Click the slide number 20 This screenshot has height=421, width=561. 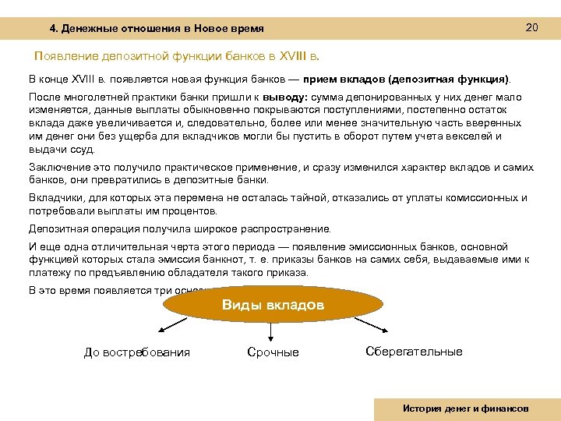coord(532,28)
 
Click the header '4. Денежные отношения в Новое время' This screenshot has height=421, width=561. coord(157,29)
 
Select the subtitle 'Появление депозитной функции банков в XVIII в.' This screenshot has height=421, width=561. coord(177,57)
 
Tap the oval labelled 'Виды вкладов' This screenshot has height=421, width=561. coord(273,305)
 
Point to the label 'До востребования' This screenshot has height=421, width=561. coord(136,352)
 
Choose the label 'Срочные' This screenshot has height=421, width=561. coord(273,352)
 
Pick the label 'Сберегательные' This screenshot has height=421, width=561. coord(414,351)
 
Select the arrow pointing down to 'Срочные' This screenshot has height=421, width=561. coord(270,332)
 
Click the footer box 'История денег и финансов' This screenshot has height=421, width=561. coord(466,409)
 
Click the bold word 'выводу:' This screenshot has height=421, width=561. coord(287,97)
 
